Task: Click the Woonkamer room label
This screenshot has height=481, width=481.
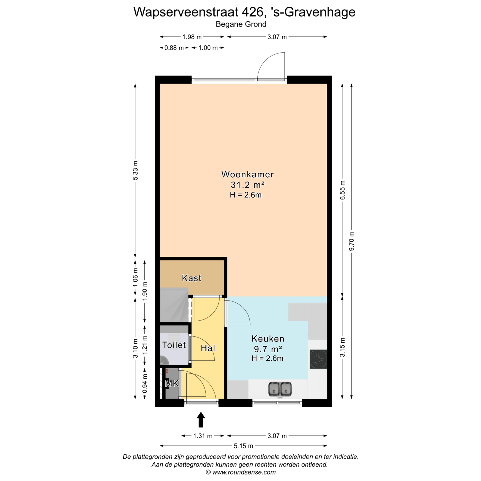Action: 247,174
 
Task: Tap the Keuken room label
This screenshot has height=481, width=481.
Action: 268,339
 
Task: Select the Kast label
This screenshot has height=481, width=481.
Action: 191,278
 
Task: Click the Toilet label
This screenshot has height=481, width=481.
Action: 174,345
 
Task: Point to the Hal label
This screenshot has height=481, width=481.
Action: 208,348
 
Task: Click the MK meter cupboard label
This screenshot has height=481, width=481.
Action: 172,384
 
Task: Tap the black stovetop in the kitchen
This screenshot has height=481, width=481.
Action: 318,359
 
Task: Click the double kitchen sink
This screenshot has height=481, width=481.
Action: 280,389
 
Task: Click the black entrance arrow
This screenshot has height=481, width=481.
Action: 201,420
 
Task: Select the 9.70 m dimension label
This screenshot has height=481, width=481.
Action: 352,241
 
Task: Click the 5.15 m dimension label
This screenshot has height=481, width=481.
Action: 244,446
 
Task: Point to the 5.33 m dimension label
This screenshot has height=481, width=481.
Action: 135,170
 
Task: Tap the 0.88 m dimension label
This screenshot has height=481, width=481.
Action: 174,48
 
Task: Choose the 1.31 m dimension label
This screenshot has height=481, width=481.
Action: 203,436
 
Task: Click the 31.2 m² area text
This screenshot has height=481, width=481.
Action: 247,185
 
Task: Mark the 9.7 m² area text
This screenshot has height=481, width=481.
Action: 268,349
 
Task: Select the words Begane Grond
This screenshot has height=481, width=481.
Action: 241,24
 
